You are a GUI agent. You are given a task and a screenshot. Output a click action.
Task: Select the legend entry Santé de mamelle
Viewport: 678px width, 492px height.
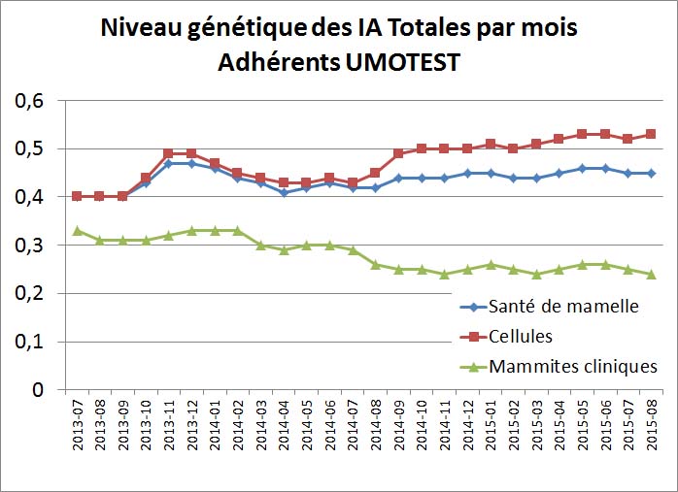tap(564, 308)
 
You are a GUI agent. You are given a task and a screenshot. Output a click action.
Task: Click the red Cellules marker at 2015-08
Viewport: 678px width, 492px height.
tap(651, 134)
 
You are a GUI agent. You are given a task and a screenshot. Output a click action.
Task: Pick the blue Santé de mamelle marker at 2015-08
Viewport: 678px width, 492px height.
tap(651, 173)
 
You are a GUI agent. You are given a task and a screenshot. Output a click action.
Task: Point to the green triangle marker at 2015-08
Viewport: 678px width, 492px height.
tap(651, 274)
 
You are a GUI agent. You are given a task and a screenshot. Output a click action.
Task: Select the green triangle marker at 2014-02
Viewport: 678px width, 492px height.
tap(237, 230)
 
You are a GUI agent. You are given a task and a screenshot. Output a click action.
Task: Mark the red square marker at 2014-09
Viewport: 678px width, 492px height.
tap(398, 153)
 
